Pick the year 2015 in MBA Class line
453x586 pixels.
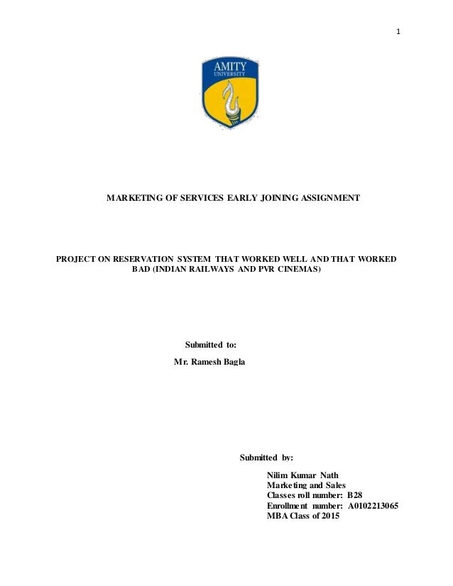(329, 516)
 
